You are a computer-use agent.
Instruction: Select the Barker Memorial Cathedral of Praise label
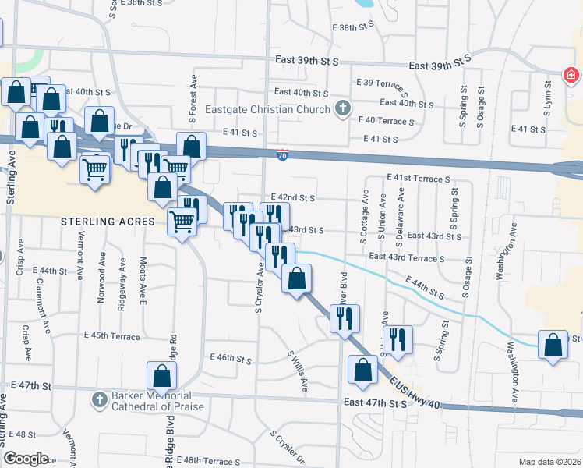click(x=156, y=401)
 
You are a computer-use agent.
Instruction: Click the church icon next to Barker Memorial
click(x=98, y=401)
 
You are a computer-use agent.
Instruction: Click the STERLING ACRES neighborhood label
click(x=109, y=222)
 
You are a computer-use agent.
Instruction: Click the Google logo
click(x=26, y=459)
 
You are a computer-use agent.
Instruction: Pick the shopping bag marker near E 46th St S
click(x=161, y=376)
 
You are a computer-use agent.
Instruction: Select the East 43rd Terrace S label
click(x=407, y=257)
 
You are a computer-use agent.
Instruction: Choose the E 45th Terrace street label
click(x=111, y=337)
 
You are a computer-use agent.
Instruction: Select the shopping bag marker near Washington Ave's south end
click(x=552, y=346)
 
